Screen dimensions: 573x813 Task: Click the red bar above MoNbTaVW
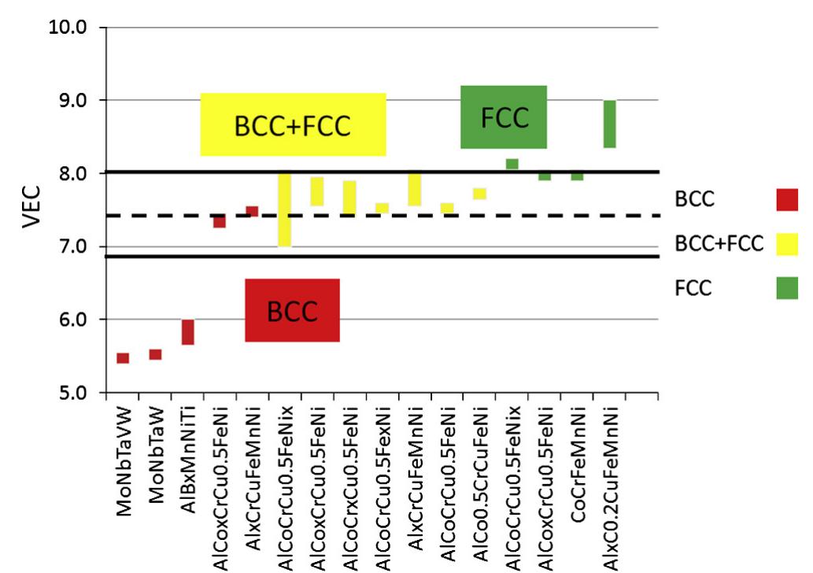123,358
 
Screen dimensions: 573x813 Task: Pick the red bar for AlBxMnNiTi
188,332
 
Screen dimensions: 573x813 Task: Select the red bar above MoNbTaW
155,355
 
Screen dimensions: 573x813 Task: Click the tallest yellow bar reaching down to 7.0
285,210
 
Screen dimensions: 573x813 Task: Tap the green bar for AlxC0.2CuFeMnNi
609,124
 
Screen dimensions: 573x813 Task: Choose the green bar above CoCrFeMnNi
577,176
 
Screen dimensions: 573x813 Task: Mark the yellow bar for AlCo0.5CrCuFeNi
479,194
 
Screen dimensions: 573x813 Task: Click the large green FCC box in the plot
504,117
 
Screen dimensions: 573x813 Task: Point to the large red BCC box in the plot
292,311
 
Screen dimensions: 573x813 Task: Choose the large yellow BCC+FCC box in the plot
293,125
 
